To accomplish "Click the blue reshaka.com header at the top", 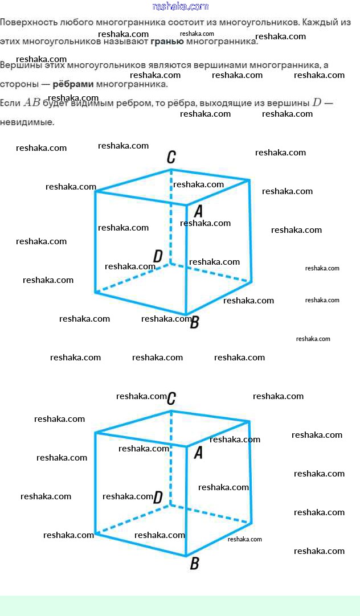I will tap(181, 7).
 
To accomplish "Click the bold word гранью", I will tap(167, 42).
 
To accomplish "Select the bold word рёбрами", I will tap(73, 84).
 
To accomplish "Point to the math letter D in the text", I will tap(317, 103).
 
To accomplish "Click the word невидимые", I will tap(27, 122).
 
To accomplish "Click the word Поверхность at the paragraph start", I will tap(28, 23).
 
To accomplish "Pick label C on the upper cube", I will tap(171, 157).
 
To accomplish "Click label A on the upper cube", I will tap(198, 211).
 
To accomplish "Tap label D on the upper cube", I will tap(158, 256).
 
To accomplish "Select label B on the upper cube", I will tap(194, 323).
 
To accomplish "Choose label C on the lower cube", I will tap(171, 399).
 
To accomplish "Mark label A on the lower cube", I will tap(198, 453).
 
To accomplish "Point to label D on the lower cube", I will tap(158, 497).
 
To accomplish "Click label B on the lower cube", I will tap(194, 564).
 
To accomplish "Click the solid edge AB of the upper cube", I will tap(186, 268).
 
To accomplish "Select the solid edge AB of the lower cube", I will tap(186, 507).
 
